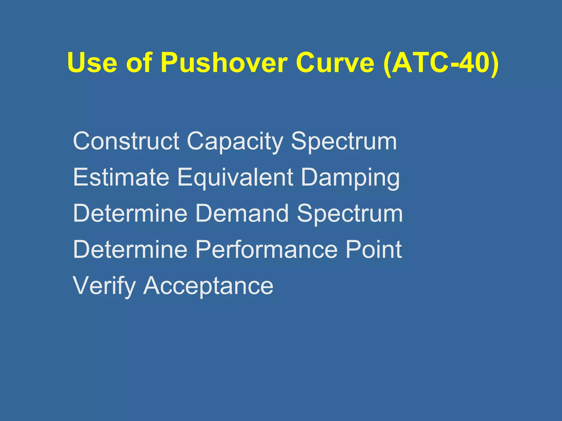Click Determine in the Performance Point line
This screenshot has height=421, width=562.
click(130, 249)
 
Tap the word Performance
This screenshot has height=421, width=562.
click(266, 249)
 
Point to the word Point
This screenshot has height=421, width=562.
click(373, 249)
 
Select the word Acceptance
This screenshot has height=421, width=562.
click(208, 286)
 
